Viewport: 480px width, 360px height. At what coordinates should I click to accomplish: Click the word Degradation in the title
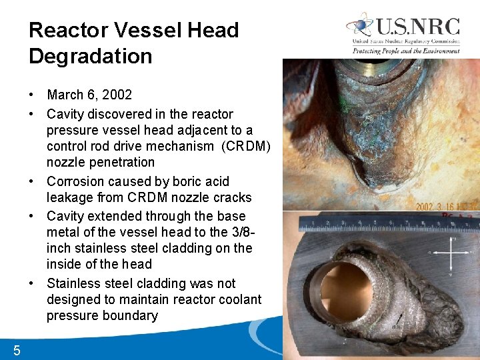click(x=90, y=56)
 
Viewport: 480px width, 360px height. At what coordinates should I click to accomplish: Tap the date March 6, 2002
click(x=89, y=95)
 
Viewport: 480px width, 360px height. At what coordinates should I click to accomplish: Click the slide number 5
click(x=17, y=351)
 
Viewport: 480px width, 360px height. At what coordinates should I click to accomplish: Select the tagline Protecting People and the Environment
click(x=406, y=51)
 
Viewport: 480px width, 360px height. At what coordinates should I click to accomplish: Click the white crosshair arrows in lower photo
click(x=452, y=253)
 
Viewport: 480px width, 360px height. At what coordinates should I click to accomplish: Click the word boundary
click(x=131, y=315)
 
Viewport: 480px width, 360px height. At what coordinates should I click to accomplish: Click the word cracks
click(x=233, y=197)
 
